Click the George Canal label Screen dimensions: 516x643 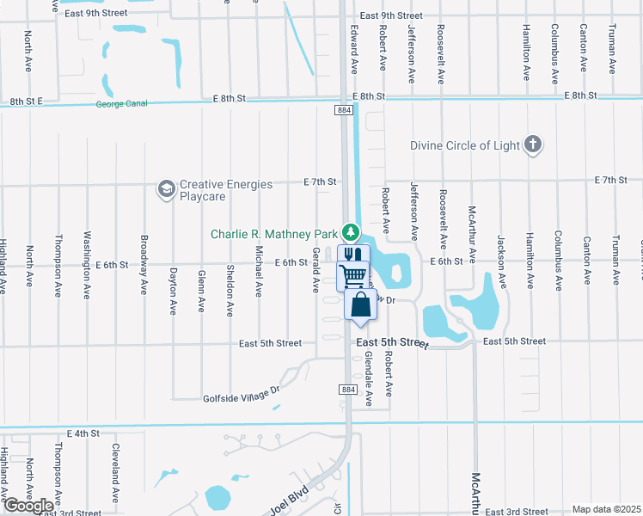[x=123, y=105]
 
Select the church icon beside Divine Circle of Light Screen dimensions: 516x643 [x=533, y=144]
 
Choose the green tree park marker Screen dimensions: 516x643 [x=350, y=232]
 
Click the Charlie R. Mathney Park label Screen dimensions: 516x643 [x=275, y=233]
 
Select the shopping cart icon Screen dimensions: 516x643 [x=352, y=277]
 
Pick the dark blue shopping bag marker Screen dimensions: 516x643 [x=360, y=305]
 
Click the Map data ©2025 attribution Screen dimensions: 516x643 [x=606, y=509]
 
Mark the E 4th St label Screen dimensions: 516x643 [x=83, y=433]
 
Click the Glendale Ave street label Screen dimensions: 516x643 [x=368, y=378]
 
